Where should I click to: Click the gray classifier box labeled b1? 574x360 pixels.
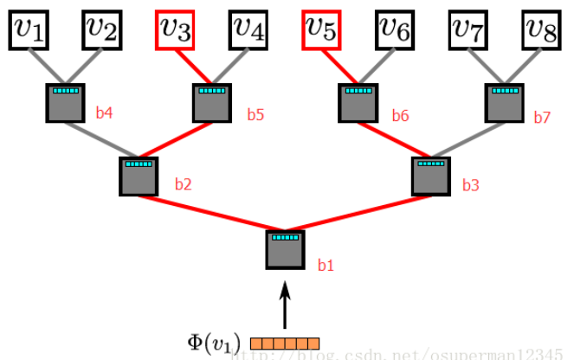(x=285, y=249)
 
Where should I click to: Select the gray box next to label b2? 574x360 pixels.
(x=139, y=176)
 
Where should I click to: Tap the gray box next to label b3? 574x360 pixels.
(x=431, y=176)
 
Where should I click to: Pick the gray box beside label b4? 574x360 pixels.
(x=66, y=103)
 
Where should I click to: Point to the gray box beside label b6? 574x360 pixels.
(x=358, y=103)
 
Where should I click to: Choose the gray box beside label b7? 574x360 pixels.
(x=504, y=103)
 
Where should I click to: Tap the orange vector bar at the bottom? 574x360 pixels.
(x=285, y=344)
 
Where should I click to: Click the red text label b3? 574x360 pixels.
(x=470, y=184)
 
